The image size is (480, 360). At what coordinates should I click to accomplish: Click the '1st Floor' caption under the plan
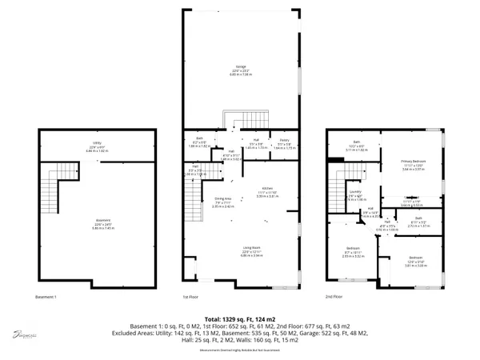(x=190, y=296)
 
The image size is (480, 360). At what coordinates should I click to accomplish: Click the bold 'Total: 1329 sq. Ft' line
(x=240, y=318)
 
